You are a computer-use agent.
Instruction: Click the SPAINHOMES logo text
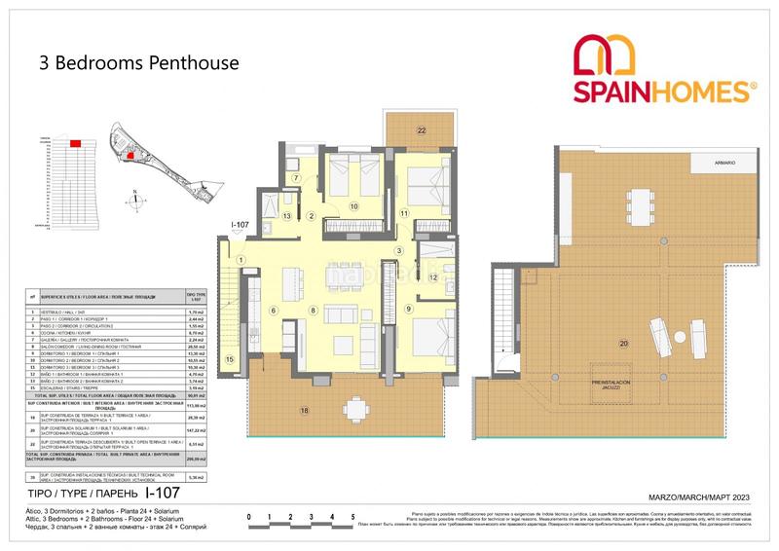pos(666,92)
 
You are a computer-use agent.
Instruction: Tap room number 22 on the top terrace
pos(422,129)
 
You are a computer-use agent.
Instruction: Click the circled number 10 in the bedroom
pos(353,206)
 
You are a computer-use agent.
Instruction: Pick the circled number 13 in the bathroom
pos(287,216)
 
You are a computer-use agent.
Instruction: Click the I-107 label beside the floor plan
pos(242,226)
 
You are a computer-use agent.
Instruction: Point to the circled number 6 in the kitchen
pos(274,311)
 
